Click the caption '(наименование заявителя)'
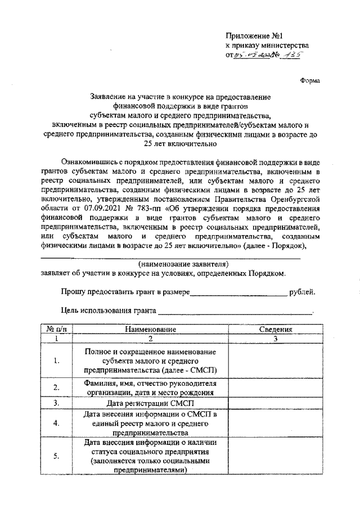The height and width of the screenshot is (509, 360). pos(183,264)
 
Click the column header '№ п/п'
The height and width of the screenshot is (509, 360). pos(57,329)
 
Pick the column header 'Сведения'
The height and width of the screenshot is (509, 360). pos(275,329)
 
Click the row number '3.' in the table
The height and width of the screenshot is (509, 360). pos(57,403)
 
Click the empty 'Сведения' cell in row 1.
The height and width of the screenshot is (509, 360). pos(275,361)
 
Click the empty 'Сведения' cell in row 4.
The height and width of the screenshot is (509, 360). pos(275,424)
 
